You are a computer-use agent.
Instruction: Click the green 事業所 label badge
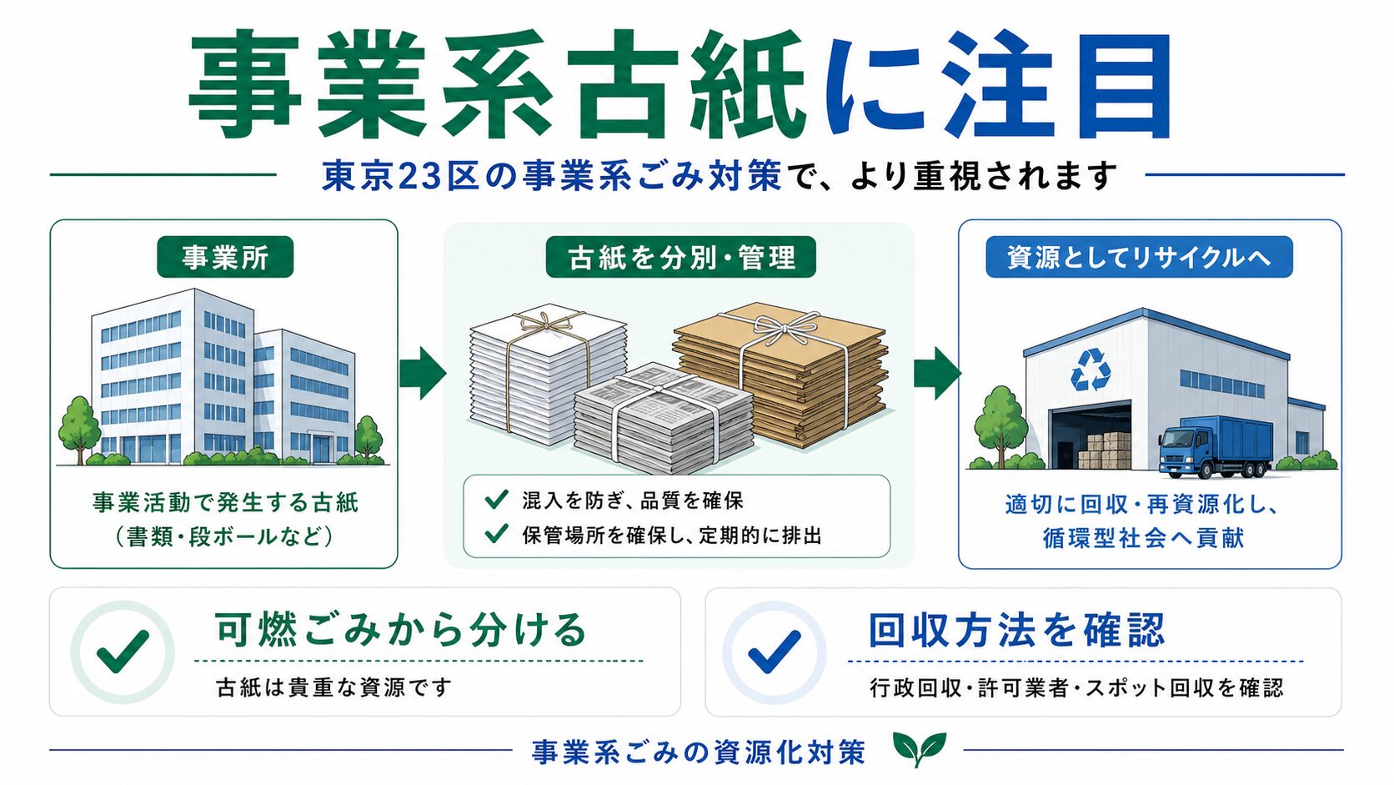click(x=225, y=256)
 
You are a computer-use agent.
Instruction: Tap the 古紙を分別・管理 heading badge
click(x=681, y=256)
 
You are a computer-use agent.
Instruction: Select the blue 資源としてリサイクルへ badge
click(x=1139, y=256)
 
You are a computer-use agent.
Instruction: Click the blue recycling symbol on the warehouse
click(x=1091, y=370)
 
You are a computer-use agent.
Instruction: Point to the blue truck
click(x=1215, y=446)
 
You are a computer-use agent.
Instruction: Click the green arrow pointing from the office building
click(x=423, y=373)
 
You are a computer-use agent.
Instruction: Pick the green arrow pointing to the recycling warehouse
click(x=937, y=373)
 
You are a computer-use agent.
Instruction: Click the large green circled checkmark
click(x=123, y=652)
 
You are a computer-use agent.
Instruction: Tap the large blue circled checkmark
click(x=775, y=652)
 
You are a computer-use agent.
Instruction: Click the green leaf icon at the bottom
click(x=919, y=748)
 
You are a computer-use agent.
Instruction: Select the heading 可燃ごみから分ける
click(x=401, y=630)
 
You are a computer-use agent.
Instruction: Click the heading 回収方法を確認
click(x=1016, y=630)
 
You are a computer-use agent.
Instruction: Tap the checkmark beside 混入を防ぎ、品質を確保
click(x=496, y=499)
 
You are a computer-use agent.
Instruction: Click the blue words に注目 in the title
click(x=995, y=85)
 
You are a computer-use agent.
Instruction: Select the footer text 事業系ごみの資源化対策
click(x=698, y=752)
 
